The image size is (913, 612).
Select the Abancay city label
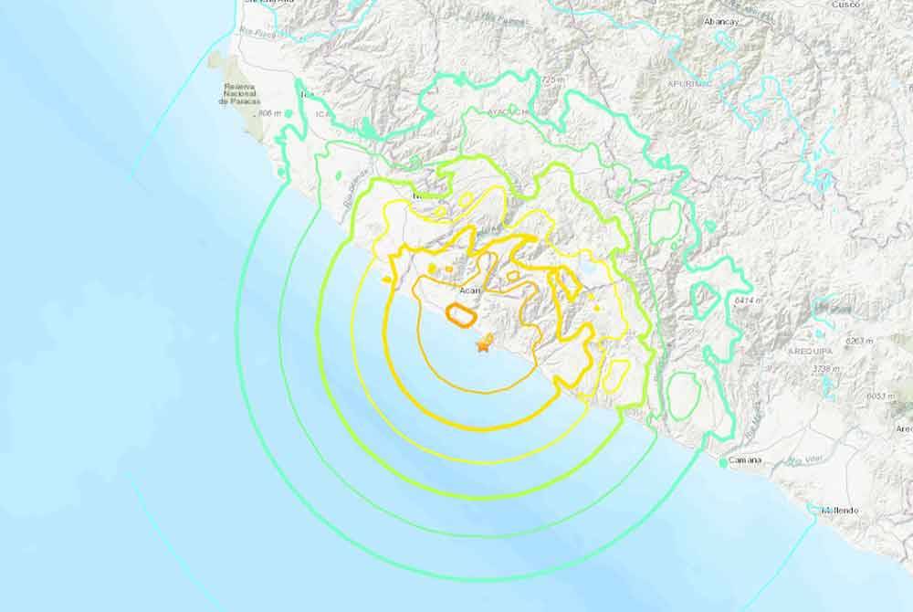coord(696,20)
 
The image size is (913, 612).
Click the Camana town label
coord(745,460)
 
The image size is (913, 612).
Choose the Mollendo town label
coord(838,510)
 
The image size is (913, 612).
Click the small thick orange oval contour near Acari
coord(460,315)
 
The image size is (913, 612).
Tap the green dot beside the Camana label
coord(722,463)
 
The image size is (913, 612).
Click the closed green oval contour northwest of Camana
coord(683,393)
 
